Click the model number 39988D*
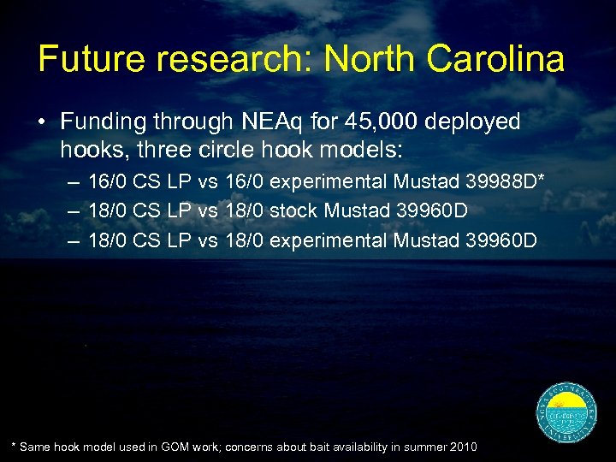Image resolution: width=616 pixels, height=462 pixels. pos(506,181)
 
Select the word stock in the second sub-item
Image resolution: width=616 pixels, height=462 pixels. pos(293,210)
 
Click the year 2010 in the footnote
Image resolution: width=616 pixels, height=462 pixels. pos(462,447)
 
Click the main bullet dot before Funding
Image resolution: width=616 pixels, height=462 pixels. pos(42,122)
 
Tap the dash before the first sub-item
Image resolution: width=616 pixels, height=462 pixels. pos(73,181)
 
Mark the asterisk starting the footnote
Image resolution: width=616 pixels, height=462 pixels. pos(13,446)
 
